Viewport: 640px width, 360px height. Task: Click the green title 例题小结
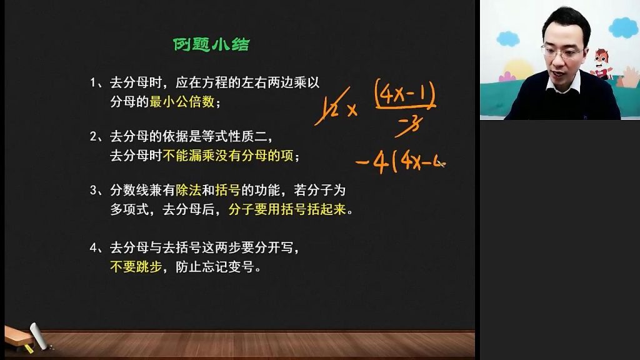click(x=211, y=44)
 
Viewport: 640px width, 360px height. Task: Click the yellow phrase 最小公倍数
click(x=182, y=102)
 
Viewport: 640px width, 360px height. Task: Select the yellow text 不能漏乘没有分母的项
click(x=227, y=156)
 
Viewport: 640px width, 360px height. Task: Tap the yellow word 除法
click(x=189, y=190)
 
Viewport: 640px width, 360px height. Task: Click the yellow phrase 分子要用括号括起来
click(x=287, y=209)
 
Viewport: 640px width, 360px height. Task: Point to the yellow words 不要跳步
click(x=136, y=266)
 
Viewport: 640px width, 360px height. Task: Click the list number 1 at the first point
click(x=93, y=83)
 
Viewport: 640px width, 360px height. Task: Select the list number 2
click(x=94, y=136)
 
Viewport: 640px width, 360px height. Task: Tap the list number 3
click(x=94, y=190)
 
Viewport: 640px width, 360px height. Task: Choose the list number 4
click(x=94, y=247)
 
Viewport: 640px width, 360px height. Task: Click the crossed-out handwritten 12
click(x=331, y=107)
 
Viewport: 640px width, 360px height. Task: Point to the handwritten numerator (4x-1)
click(x=405, y=94)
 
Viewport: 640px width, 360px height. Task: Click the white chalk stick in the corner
click(x=39, y=336)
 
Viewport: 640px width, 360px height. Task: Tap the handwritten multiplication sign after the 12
click(x=352, y=110)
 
